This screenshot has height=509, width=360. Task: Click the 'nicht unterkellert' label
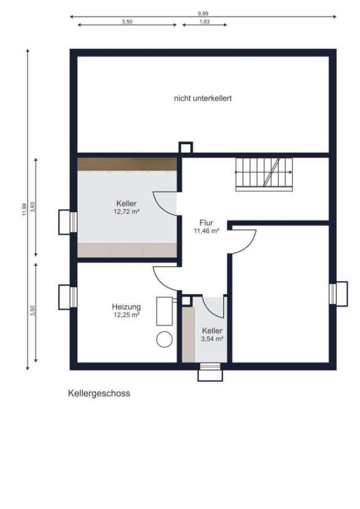(203, 98)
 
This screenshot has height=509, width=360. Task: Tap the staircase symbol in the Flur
(264, 174)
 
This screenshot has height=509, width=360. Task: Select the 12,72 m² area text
(127, 212)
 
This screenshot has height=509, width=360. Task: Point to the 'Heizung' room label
(126, 307)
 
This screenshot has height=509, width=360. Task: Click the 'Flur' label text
(206, 222)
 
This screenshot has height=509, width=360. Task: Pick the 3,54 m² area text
(212, 339)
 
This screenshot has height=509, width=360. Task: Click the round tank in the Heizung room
(164, 339)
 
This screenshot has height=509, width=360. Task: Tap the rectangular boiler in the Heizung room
(164, 310)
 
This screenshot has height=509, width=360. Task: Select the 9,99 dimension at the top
(203, 12)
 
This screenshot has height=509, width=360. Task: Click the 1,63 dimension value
(204, 21)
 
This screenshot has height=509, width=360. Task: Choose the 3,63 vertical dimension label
(33, 207)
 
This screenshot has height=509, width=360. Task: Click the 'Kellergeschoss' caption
(99, 393)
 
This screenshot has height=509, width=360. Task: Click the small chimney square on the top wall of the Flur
(186, 148)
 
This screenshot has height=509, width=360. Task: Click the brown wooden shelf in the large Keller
(127, 164)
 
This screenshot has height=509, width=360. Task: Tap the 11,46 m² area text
(206, 231)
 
